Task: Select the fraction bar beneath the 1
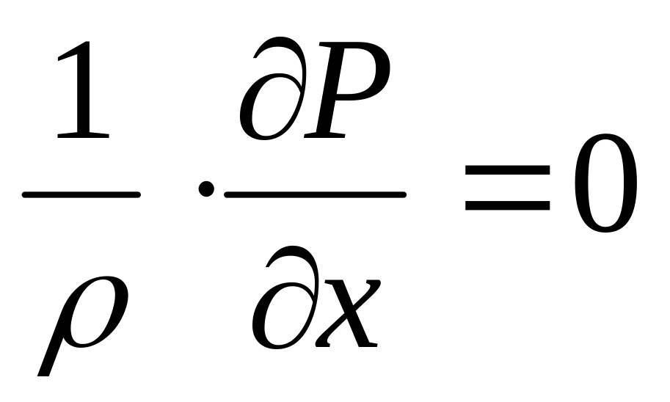click(81, 194)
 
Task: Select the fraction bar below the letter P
click(316, 194)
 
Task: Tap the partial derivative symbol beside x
click(283, 301)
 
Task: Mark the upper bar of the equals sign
click(507, 168)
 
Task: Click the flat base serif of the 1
click(83, 136)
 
